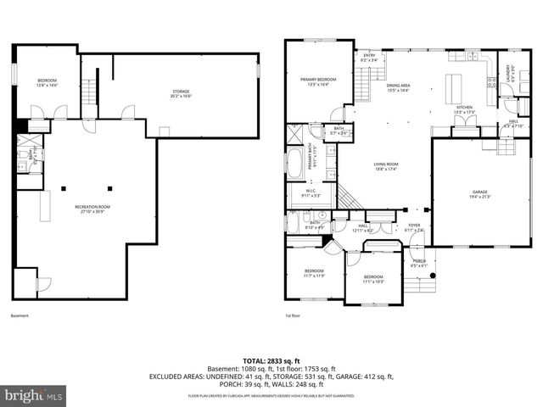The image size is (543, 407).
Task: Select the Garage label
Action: tap(480, 194)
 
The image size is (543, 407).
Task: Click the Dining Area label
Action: tap(398, 87)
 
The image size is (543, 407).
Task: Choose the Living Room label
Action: tap(386, 167)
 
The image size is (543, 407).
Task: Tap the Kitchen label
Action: tap(463, 109)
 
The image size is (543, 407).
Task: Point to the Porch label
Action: tap(419, 263)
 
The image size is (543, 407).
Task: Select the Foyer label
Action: tap(413, 228)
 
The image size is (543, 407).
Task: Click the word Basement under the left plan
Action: tap(19, 316)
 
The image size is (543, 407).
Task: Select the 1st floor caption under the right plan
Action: tap(292, 316)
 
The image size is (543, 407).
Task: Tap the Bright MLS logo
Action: tap(34, 394)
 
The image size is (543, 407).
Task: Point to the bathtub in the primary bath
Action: tap(294, 164)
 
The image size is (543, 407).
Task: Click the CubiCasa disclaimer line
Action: tap(271, 396)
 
